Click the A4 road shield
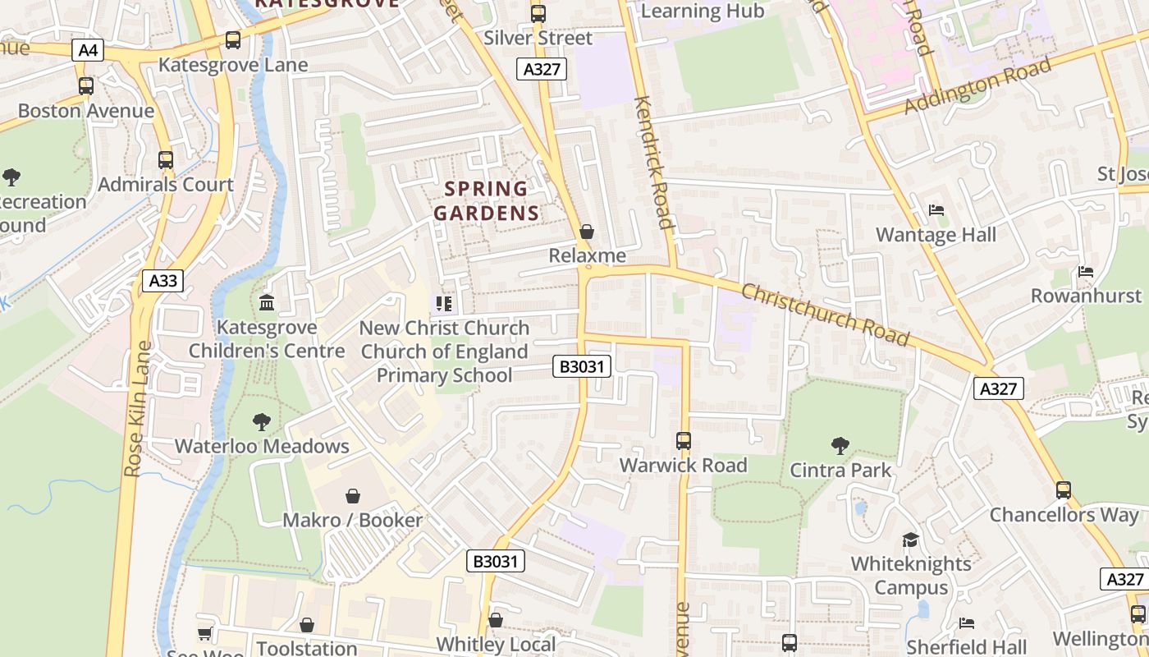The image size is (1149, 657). (x=88, y=51)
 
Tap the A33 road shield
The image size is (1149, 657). (x=163, y=281)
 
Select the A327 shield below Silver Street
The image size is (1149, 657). (x=542, y=69)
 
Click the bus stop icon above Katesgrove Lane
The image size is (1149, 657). (x=233, y=39)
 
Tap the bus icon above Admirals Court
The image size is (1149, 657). (x=166, y=160)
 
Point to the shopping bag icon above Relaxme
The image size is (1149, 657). (x=587, y=232)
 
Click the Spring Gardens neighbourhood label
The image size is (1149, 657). (x=487, y=201)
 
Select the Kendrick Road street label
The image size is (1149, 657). (x=654, y=163)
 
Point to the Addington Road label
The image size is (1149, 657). (x=977, y=85)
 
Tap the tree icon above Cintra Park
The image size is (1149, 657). (x=840, y=446)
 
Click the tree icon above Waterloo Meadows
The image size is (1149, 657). (x=262, y=422)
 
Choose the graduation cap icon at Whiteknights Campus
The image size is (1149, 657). (x=911, y=540)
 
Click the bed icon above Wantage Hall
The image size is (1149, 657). (x=936, y=210)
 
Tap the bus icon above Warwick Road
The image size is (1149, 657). (x=684, y=441)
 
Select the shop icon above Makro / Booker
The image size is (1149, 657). (x=353, y=496)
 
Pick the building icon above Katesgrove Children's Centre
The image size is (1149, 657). (x=267, y=303)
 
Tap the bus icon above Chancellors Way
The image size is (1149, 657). (x=1064, y=490)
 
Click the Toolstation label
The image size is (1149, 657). (x=307, y=648)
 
